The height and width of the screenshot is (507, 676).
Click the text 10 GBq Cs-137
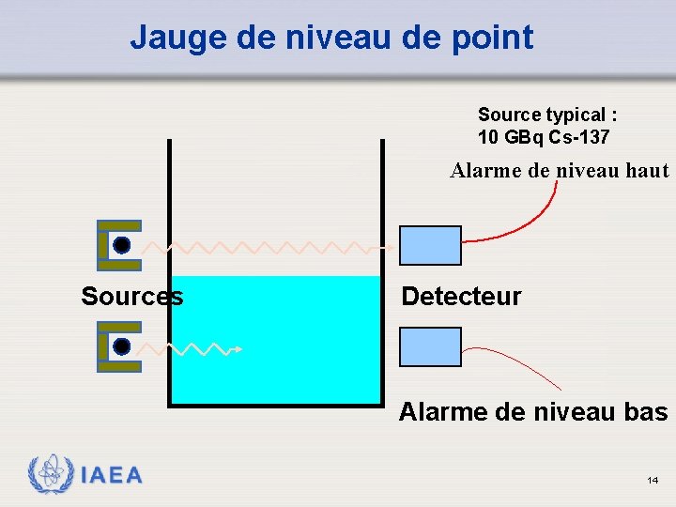544,137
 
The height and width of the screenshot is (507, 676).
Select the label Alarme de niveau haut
560,171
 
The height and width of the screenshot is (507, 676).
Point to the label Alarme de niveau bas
533,412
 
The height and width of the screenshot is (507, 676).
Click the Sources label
132,297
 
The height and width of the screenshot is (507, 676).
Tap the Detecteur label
461,297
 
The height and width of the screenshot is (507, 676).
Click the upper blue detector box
431,246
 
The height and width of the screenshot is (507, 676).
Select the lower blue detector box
431,346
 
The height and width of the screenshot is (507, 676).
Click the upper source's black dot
121,246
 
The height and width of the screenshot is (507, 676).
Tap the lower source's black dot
121,346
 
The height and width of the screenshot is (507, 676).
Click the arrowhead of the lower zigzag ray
239,349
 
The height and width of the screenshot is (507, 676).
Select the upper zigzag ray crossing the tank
272,248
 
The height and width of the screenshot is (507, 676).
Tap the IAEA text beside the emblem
111,476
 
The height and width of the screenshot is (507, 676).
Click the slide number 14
652,481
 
